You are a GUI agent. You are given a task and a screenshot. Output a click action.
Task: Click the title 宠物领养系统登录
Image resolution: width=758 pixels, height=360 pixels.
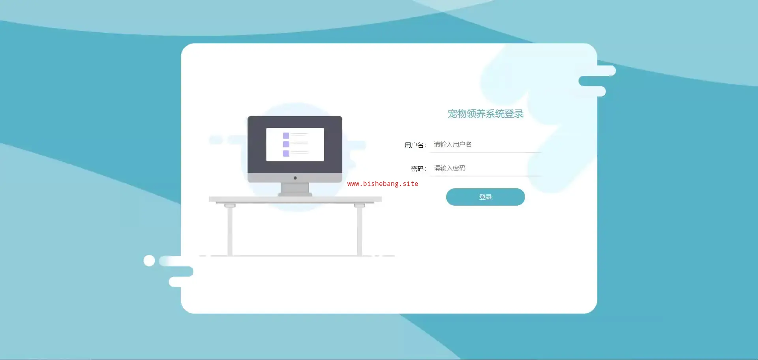(485, 114)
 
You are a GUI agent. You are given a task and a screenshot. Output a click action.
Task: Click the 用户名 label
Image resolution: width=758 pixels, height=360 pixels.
(415, 145)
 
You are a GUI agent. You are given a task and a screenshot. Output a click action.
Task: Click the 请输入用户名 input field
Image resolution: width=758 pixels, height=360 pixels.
(486, 144)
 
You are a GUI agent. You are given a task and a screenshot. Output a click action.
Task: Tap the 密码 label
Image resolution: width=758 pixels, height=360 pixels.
(418, 169)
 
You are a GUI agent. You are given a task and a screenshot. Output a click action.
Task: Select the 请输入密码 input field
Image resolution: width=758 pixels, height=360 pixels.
(486, 168)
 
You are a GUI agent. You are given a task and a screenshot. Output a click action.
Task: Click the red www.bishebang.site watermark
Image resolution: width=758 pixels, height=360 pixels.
(383, 184)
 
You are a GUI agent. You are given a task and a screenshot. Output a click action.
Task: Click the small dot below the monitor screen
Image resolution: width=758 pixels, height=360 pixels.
(295, 178)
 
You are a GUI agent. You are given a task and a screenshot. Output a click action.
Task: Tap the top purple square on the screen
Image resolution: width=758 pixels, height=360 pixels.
(286, 135)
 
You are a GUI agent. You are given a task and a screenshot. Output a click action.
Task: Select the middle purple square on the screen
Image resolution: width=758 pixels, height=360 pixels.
(286, 144)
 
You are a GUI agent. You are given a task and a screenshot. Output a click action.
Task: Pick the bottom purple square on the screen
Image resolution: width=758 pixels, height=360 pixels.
(286, 153)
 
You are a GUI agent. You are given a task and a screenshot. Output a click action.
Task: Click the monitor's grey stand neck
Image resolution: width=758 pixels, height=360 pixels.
(295, 188)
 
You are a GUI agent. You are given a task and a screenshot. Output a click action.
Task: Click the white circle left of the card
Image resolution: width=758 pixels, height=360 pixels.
(149, 261)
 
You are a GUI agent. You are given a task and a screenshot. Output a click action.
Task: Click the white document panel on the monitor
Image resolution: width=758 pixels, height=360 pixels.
(295, 144)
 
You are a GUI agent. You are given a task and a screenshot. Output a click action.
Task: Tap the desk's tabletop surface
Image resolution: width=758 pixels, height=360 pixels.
(295, 199)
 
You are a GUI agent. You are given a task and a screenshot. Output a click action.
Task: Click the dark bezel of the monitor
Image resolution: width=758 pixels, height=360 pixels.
(295, 122)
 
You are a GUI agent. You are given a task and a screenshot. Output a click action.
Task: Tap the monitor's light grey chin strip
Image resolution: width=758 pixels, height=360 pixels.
(295, 178)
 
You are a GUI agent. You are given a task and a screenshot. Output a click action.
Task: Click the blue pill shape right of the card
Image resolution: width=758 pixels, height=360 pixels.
(592, 81)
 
